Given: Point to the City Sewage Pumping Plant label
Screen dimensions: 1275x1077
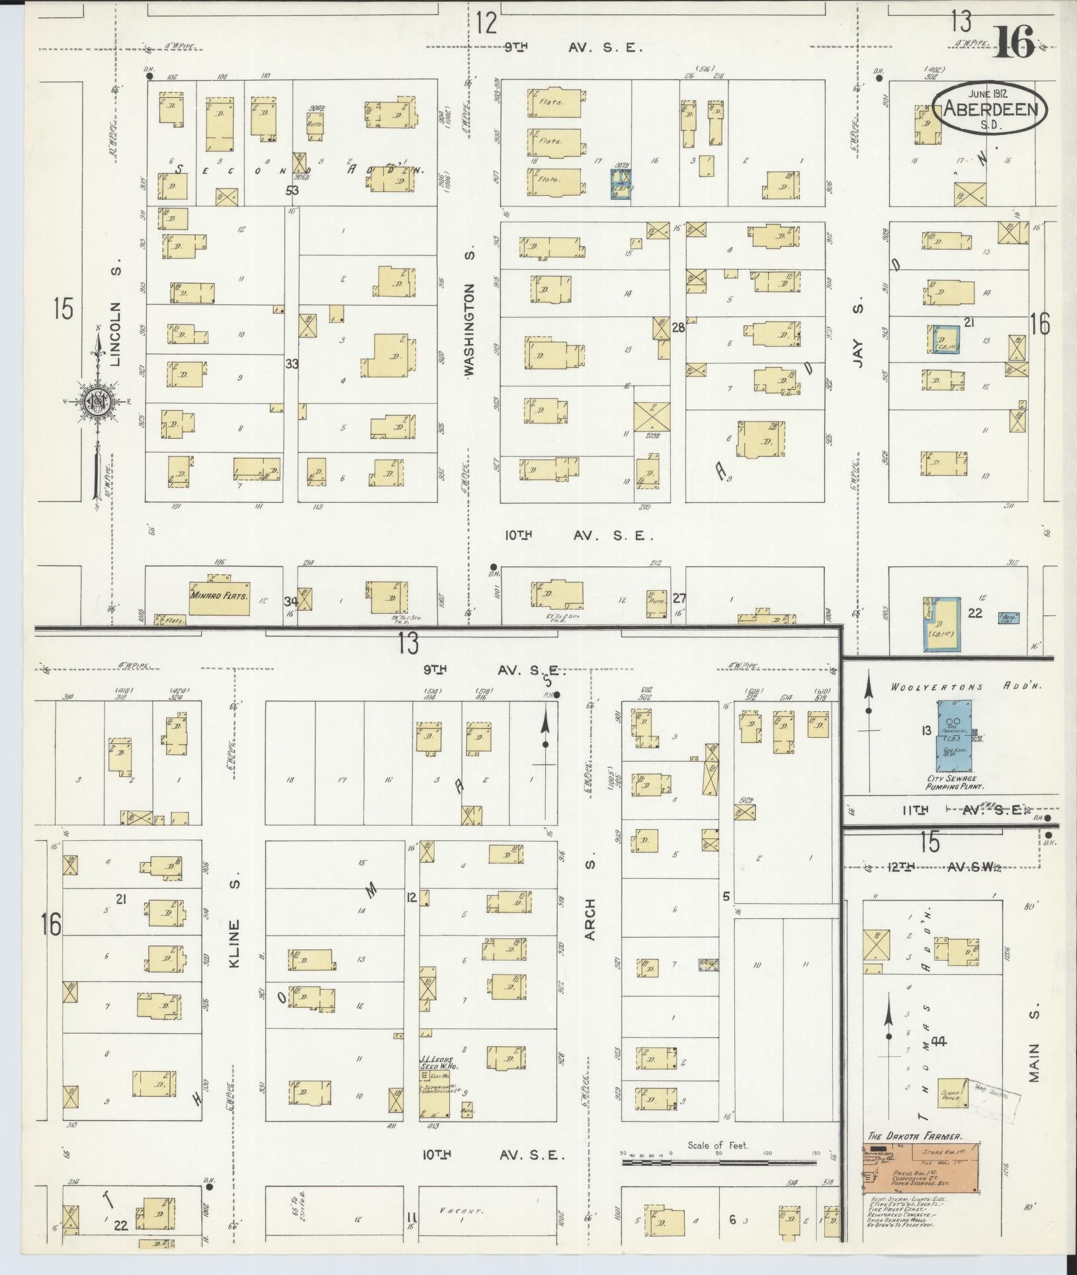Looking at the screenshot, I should coord(955,782).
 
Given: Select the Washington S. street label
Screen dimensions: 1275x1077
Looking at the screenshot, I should coord(470,331).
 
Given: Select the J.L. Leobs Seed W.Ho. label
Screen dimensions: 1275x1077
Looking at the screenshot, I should coord(439,1066).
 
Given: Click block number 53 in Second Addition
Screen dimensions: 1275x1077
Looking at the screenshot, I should coord(292,191).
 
